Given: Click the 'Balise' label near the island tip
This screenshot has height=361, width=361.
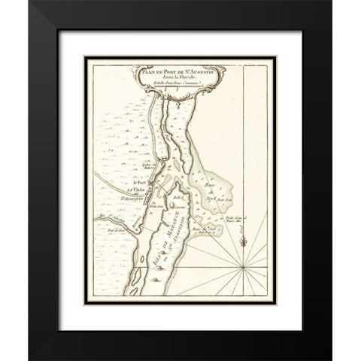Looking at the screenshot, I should point(177,202).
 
